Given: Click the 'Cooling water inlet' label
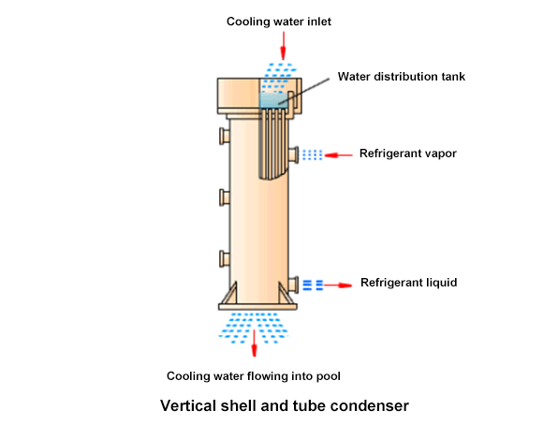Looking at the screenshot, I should pyautogui.click(x=280, y=21).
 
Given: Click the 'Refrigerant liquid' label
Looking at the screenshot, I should pyautogui.click(x=408, y=283).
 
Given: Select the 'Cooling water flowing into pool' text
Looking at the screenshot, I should pyautogui.click(x=253, y=376).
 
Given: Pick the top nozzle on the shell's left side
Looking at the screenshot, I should pyautogui.click(x=225, y=137).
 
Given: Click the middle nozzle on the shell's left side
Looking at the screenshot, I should pyautogui.click(x=225, y=197).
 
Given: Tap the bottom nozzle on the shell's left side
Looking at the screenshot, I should pyautogui.click(x=225, y=257).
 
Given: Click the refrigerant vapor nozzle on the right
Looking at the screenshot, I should pyautogui.click(x=294, y=154).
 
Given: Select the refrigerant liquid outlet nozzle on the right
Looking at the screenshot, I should pyautogui.click(x=294, y=283).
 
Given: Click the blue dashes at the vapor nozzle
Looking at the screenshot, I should pyautogui.click(x=313, y=154).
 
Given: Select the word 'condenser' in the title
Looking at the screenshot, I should pyautogui.click(x=374, y=406).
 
